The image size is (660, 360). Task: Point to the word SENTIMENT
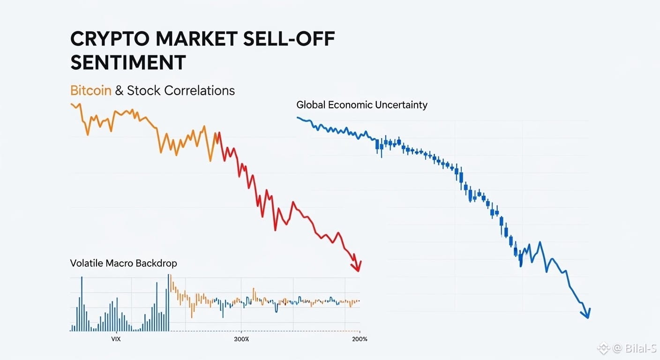point(128,63)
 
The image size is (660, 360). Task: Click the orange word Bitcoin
point(91,90)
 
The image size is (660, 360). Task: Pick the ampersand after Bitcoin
point(119,90)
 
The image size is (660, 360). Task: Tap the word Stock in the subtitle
point(144,90)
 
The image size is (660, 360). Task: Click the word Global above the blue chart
point(311,105)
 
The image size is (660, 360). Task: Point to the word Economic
point(350,105)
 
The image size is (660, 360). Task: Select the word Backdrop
point(156,263)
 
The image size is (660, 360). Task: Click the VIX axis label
point(116,339)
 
